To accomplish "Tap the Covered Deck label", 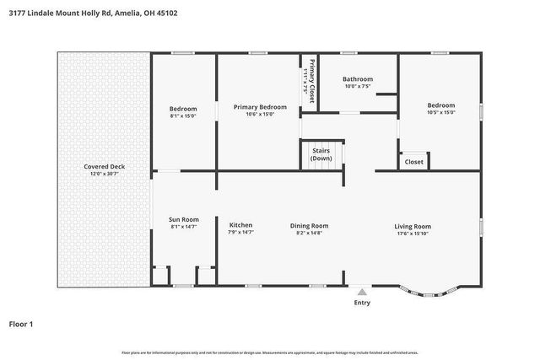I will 104,167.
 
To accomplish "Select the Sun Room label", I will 183,219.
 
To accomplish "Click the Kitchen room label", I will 240,225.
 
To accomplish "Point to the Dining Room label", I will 309,225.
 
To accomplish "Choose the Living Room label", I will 413,226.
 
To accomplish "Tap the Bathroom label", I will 358,79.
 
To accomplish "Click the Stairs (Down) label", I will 321,154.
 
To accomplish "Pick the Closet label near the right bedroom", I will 414,161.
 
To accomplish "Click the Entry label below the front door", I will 362,302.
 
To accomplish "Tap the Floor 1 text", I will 21,323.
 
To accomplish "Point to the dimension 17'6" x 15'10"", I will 413,234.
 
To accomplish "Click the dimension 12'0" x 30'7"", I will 104,175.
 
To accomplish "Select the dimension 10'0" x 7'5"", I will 358,86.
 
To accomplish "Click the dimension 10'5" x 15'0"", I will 440,113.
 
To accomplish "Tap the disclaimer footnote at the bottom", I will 270,352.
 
